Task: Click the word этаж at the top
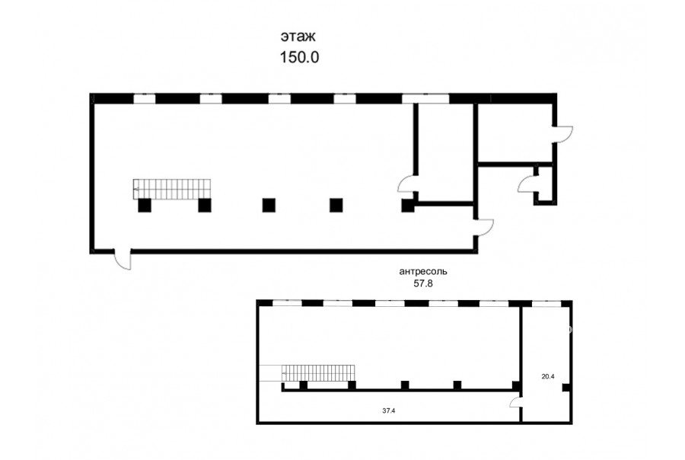click(x=298, y=37)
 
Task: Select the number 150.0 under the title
click(x=299, y=57)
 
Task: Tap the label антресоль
click(x=423, y=272)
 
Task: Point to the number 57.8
click(x=423, y=283)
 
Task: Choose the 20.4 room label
click(x=548, y=376)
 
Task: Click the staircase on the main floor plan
click(x=172, y=188)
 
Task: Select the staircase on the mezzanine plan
click(x=317, y=373)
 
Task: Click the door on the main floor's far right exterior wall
click(x=563, y=134)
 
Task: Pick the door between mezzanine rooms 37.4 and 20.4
click(x=516, y=402)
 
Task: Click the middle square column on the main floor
click(x=269, y=205)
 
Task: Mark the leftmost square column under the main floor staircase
click(x=145, y=205)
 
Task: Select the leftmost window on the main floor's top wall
click(x=144, y=98)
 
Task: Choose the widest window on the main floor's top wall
click(x=425, y=98)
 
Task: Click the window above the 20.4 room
click(x=546, y=303)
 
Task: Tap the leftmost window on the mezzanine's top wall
click(x=287, y=303)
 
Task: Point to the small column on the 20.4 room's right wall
click(x=566, y=388)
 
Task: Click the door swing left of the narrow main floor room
click(x=406, y=184)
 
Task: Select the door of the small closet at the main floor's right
click(x=527, y=184)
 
